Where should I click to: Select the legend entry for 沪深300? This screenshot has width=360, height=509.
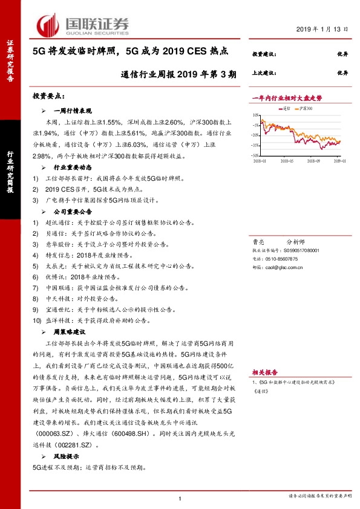(306, 108)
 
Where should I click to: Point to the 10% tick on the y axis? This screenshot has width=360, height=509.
(257, 115)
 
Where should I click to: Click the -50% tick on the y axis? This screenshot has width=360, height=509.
(256, 155)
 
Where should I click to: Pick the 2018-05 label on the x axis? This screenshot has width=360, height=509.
(287, 161)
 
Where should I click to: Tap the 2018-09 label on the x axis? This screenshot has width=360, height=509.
(313, 161)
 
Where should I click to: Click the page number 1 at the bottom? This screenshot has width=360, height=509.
(180, 498)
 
